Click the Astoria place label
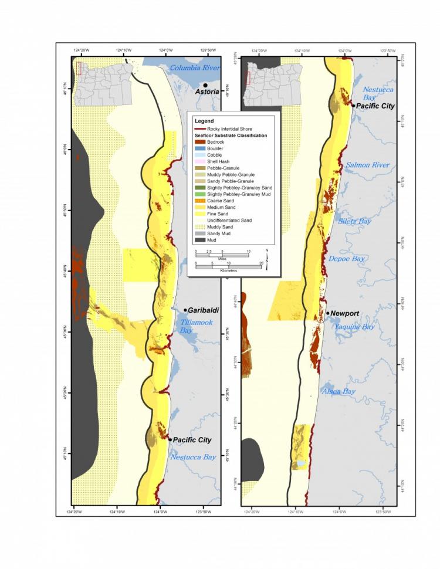pyautogui.click(x=207, y=92)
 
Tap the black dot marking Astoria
pyautogui.click(x=205, y=85)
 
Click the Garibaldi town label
pyautogui.click(x=204, y=310)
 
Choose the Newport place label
pyautogui.click(x=345, y=313)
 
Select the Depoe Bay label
pyautogui.click(x=348, y=258)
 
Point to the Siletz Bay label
pyautogui.click(x=355, y=221)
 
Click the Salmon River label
pyautogui.click(x=367, y=165)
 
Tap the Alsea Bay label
pyautogui.click(x=339, y=391)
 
